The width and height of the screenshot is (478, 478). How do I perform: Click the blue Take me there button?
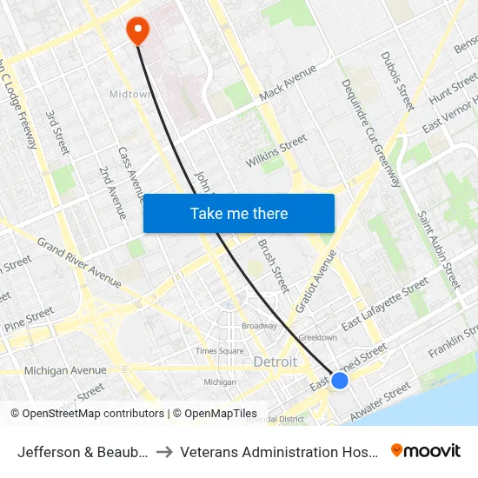[x=239, y=213]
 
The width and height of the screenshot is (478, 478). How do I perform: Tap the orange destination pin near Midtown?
[x=137, y=30]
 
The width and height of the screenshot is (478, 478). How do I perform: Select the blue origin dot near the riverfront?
[x=340, y=381]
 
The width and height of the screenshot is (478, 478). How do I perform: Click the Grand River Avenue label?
[x=78, y=262]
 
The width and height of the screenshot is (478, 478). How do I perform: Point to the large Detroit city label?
[x=275, y=362]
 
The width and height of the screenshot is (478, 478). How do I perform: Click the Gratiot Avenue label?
[x=315, y=281]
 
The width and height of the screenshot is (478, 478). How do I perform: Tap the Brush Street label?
[x=273, y=265]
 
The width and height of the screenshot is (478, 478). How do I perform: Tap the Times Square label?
[x=219, y=351]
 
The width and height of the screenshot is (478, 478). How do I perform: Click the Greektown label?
[x=317, y=337]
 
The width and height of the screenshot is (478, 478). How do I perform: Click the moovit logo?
[x=426, y=451]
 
